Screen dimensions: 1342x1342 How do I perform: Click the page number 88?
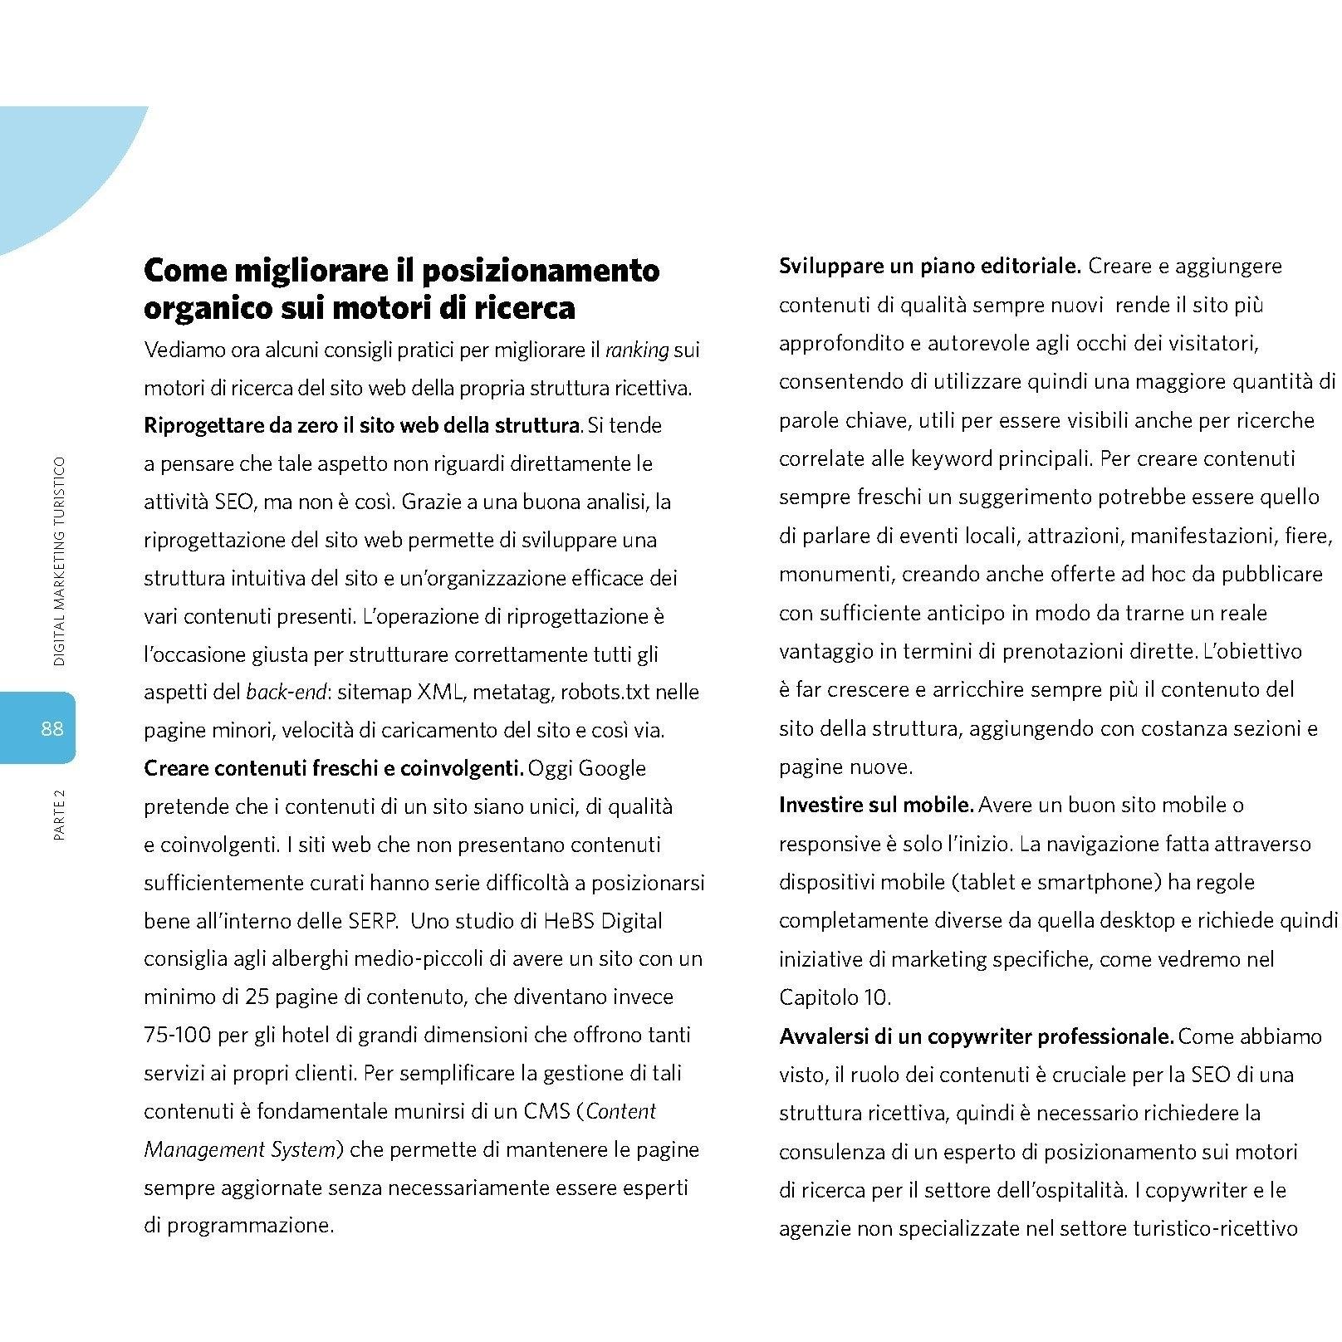point(51,729)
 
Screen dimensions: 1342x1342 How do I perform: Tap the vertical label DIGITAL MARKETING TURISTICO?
point(59,561)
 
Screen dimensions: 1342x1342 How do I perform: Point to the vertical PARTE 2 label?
point(59,814)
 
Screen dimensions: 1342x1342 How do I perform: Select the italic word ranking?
point(637,350)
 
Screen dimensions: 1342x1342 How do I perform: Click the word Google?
point(611,768)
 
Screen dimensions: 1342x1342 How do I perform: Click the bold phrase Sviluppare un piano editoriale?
point(929,267)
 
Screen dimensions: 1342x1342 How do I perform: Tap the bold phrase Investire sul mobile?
point(876,805)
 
